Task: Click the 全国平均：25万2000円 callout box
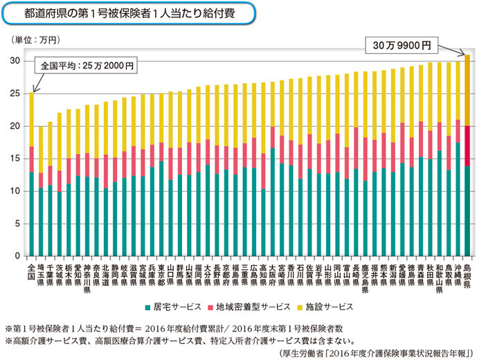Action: pyautogui.click(x=86, y=66)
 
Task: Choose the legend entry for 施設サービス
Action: pyautogui.click(x=323, y=306)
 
